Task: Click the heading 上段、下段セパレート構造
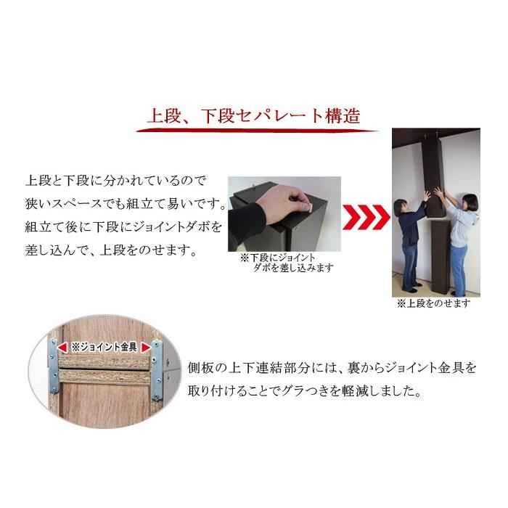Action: (x=253, y=117)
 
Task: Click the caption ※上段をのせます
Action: (x=433, y=304)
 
